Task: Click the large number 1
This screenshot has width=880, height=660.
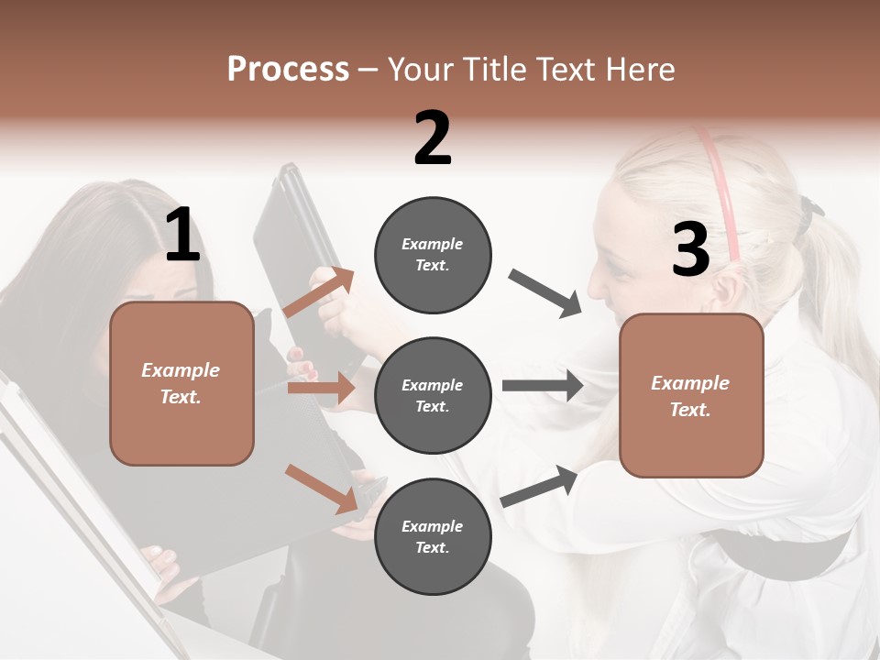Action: pos(182,236)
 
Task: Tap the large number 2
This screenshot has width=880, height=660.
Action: pos(433,138)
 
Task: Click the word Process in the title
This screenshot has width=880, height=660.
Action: pos(288,69)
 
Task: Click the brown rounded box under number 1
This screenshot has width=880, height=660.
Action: pos(181,383)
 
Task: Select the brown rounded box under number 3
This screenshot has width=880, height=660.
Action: pos(691,395)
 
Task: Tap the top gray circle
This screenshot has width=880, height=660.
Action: pos(433,255)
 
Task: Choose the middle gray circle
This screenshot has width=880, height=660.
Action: pos(433,395)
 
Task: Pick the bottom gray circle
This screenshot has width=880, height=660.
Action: pos(433,536)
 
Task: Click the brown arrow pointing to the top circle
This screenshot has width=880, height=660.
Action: pos(318,292)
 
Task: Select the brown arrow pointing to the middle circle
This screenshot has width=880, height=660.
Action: pos(321,389)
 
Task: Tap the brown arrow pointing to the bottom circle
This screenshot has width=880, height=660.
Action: pos(322,488)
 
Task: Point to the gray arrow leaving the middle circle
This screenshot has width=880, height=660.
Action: pos(543,385)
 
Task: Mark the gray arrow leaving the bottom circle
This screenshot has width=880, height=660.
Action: pos(539,487)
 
